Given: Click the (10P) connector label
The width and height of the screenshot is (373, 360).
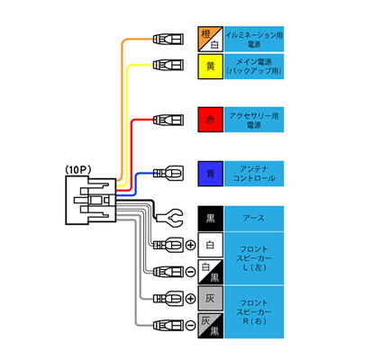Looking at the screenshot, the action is click(x=78, y=170).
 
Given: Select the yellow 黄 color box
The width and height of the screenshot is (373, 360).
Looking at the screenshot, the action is click(x=211, y=67).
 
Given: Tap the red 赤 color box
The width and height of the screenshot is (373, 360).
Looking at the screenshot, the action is click(x=211, y=120).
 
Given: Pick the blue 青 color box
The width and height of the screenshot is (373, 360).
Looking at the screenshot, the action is click(x=211, y=174).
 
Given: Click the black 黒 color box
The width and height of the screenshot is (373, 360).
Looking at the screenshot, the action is click(x=211, y=219).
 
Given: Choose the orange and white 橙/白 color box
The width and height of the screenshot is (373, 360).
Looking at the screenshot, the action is click(x=211, y=39).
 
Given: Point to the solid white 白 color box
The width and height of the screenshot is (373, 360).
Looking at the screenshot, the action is click(x=211, y=245).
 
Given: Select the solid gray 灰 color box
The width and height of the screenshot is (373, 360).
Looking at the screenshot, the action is click(x=211, y=298).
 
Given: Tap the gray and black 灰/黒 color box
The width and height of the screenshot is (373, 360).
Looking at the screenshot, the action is click(x=211, y=326).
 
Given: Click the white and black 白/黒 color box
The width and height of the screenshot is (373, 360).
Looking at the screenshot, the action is click(x=211, y=272).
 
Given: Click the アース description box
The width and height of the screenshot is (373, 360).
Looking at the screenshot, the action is click(x=254, y=219).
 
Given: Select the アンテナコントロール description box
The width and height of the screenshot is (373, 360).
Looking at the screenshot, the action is click(x=254, y=174).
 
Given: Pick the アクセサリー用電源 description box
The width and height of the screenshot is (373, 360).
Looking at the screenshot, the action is click(x=254, y=120).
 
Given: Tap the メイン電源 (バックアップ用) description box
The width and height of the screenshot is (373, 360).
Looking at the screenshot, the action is click(x=254, y=67).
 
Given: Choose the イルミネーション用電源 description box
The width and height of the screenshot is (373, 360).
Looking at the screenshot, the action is click(x=254, y=39).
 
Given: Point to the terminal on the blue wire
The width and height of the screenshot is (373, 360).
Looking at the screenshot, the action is click(x=168, y=173).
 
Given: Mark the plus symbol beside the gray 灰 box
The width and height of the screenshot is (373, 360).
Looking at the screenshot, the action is click(x=190, y=299).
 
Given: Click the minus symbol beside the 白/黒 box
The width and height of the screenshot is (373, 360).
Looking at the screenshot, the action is click(x=190, y=272).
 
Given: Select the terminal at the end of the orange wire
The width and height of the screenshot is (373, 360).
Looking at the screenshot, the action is click(x=168, y=39).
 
